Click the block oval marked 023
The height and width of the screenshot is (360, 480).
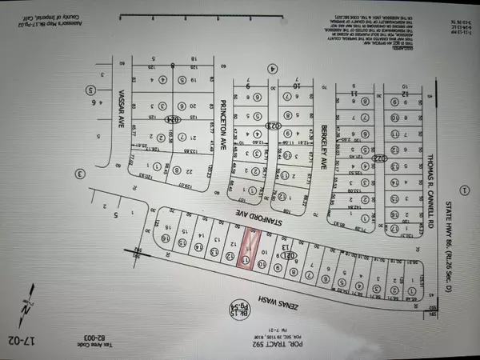coord(271,126)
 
